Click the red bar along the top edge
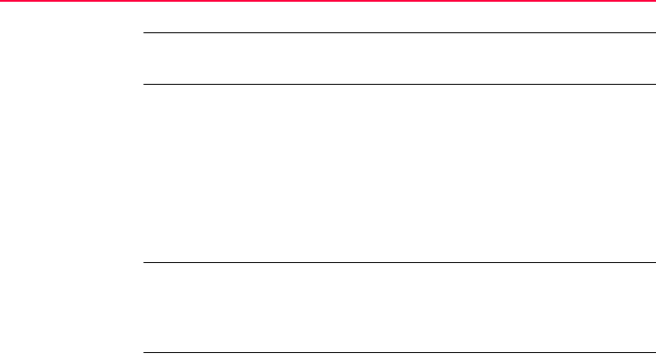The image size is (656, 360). click(x=328, y=2)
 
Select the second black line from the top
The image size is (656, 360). click(x=398, y=85)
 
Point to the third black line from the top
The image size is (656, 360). click(x=398, y=262)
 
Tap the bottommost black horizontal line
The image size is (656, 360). click(x=398, y=353)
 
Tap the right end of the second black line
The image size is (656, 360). click(x=653, y=85)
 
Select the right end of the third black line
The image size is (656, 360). click(x=653, y=262)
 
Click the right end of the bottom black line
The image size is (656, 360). click(x=653, y=353)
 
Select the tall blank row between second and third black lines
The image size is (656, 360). click(x=398, y=173)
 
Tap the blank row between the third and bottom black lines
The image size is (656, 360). click(x=398, y=308)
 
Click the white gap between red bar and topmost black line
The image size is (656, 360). click(x=398, y=18)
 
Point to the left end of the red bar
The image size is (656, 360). click(x=2, y=2)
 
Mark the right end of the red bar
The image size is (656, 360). click(x=653, y=2)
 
